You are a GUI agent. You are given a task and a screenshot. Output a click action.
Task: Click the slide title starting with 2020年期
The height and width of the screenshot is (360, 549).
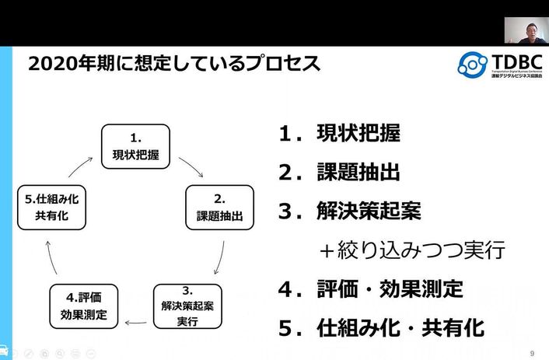pos(174,64)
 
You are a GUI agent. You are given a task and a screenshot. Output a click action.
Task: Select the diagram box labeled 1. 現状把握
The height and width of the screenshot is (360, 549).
pos(135,146)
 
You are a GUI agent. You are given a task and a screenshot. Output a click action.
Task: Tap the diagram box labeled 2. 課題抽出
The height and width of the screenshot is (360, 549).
pos(219,207)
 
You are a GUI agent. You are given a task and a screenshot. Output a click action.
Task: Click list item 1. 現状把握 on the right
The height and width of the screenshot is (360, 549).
pos(340,134)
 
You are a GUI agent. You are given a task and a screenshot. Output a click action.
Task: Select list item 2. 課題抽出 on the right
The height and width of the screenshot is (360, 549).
pos(340,172)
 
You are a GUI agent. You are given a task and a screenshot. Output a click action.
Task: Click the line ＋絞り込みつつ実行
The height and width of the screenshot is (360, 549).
pos(413,250)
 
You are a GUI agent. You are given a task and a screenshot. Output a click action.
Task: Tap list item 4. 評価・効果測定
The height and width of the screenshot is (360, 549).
pos(370,289)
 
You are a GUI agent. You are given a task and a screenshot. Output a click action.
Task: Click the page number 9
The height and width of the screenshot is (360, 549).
pos(532,352)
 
